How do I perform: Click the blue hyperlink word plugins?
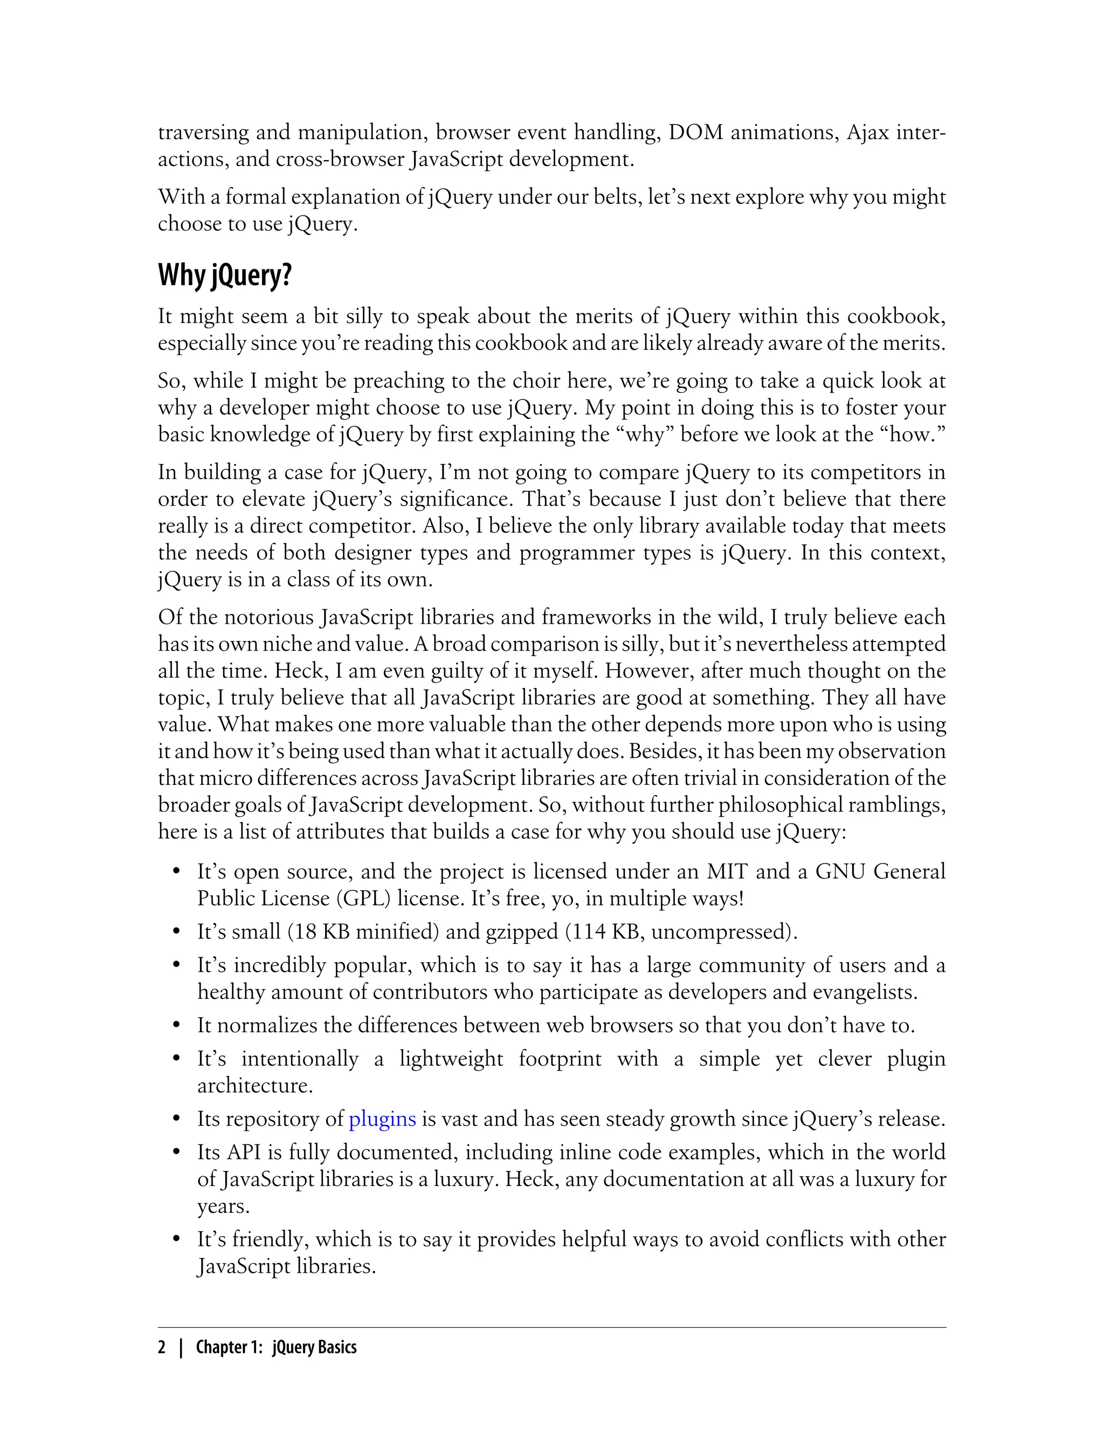(x=382, y=1119)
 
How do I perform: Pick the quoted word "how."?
(x=912, y=434)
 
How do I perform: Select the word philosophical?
(x=781, y=805)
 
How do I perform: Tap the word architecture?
(x=255, y=1086)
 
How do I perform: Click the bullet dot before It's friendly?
(x=176, y=1239)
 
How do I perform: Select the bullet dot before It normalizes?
(x=176, y=1026)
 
